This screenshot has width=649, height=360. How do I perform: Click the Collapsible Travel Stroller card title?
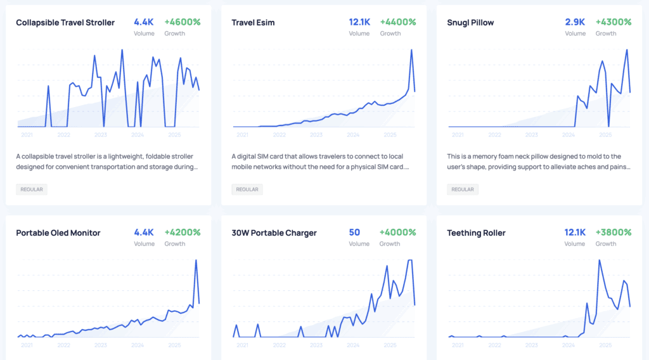65,23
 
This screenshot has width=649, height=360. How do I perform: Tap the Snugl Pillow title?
470,23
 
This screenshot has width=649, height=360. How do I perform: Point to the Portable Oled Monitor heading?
58,233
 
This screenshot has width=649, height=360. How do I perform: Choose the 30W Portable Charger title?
273,233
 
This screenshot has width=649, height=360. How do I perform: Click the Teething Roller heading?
476,233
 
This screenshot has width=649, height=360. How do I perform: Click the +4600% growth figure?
183,22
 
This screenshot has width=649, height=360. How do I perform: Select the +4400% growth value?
398,22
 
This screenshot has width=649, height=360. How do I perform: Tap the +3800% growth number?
614,233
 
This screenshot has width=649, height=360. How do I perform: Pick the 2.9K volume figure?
575,22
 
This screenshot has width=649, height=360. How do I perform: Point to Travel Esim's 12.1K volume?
359,22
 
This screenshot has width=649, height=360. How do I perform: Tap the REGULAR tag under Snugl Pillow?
463,190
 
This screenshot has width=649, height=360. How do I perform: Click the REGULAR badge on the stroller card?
32,190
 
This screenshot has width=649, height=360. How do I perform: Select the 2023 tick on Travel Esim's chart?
316,135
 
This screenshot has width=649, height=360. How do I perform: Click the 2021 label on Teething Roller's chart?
458,345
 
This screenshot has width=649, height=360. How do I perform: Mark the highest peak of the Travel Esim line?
411,49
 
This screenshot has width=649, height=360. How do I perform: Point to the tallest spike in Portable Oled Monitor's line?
196,260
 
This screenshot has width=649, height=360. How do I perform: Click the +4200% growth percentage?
183,233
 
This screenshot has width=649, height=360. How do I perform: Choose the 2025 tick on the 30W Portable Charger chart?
390,345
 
